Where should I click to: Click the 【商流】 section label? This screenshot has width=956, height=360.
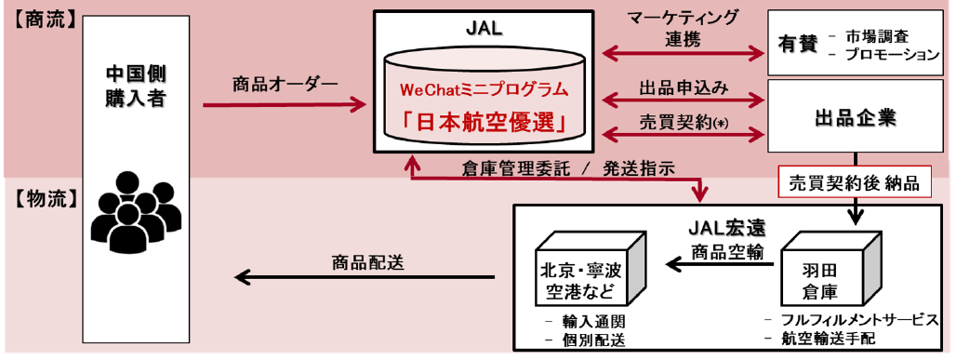[41, 18]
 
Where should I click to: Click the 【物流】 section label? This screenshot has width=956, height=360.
[41, 196]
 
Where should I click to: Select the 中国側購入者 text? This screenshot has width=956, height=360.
[136, 85]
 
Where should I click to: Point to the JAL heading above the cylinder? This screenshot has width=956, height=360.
[484, 27]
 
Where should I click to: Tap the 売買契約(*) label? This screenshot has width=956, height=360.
[683, 121]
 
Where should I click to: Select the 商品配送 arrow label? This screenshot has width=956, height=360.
[367, 261]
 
